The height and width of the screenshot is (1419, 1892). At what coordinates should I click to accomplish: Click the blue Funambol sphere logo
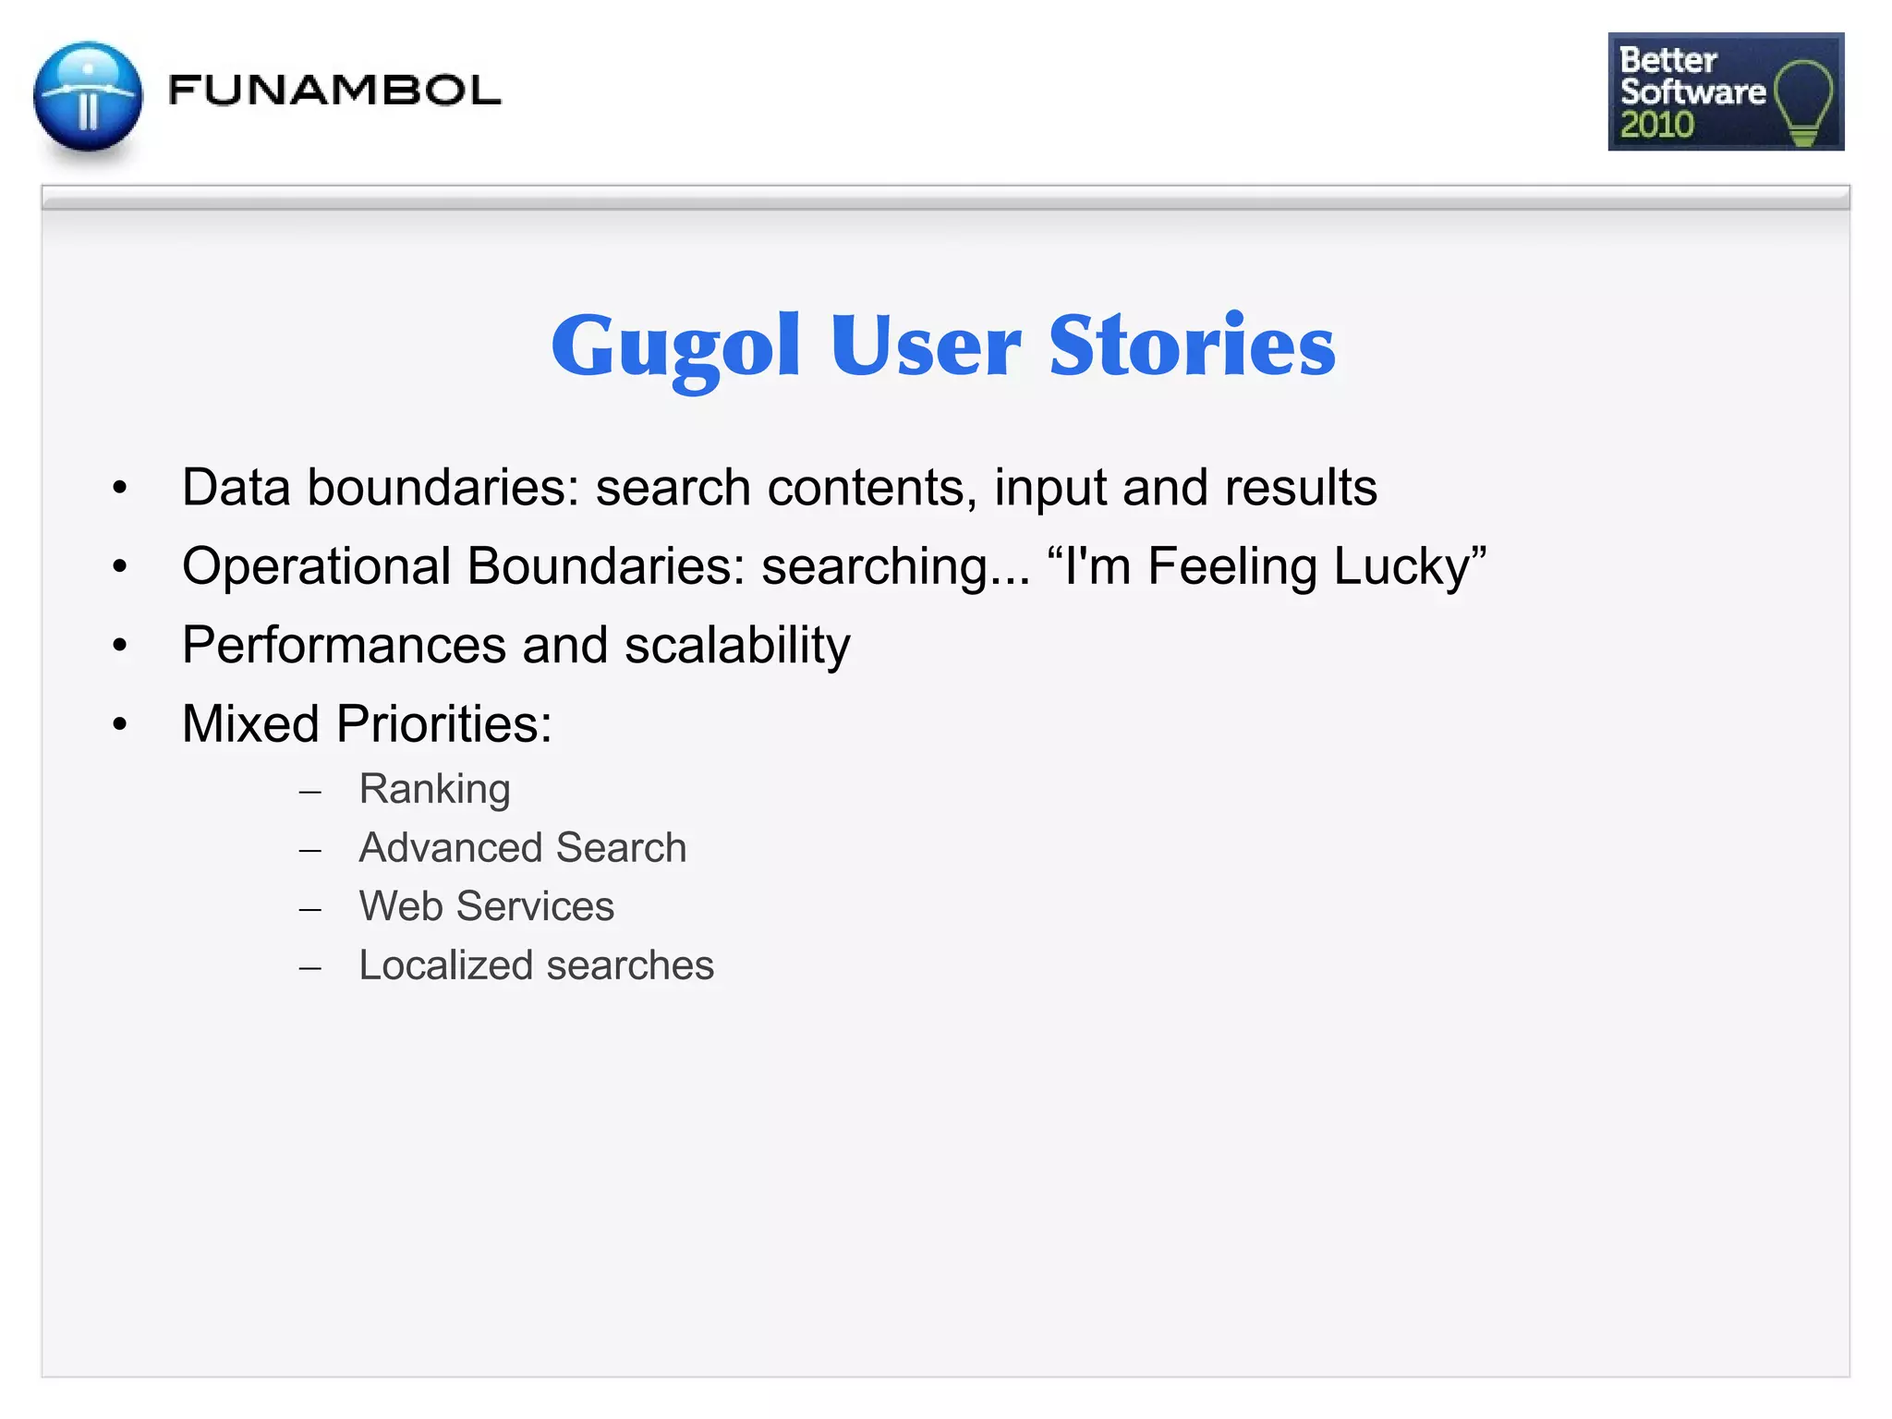(88, 97)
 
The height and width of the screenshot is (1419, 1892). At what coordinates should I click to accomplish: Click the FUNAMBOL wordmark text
(334, 91)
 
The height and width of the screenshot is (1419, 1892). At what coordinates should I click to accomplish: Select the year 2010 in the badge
(1656, 125)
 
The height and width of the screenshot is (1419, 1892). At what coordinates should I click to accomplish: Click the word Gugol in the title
(675, 346)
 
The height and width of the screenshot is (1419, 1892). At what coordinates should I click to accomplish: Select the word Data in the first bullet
(236, 487)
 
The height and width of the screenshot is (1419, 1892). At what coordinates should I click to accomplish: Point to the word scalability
(737, 645)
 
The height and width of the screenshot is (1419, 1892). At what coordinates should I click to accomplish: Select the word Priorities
(443, 723)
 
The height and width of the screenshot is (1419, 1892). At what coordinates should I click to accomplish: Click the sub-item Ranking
(434, 789)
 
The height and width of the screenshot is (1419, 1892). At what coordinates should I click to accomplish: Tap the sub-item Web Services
(486, 906)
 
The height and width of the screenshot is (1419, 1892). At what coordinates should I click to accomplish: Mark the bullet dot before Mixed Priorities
(119, 724)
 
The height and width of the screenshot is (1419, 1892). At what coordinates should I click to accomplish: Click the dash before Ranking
(310, 792)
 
